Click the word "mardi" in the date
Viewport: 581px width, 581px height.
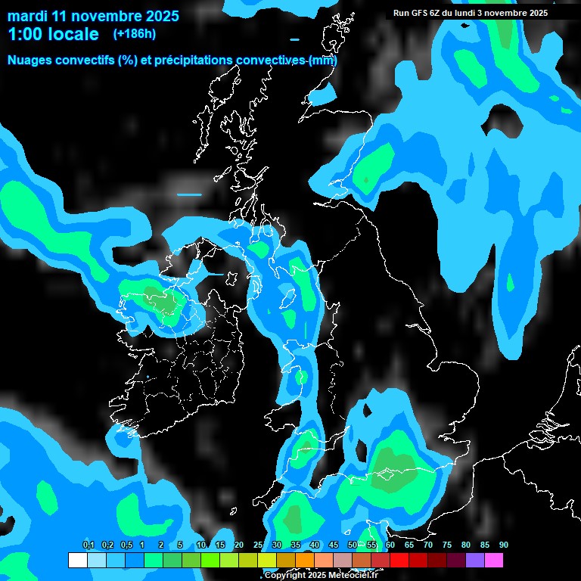coord(27,15)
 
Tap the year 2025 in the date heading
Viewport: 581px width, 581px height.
coord(159,15)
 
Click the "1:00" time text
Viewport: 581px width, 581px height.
coord(23,34)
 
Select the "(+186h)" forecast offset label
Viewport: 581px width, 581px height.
coord(135,34)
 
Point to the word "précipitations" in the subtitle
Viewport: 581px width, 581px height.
coord(195,60)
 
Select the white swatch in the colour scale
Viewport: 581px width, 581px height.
coord(77,560)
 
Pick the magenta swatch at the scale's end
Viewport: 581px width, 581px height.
coord(494,560)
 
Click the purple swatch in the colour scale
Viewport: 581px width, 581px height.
coord(475,560)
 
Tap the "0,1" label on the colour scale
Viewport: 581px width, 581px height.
coord(89,545)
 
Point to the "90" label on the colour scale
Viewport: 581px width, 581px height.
coord(504,545)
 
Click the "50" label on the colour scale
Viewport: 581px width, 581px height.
coord(353,545)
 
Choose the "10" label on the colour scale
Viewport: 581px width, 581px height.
coord(201,545)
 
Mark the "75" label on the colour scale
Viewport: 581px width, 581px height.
coord(447,545)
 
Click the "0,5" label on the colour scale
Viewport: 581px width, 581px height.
coord(126,545)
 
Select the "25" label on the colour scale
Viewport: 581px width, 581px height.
coord(258,545)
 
